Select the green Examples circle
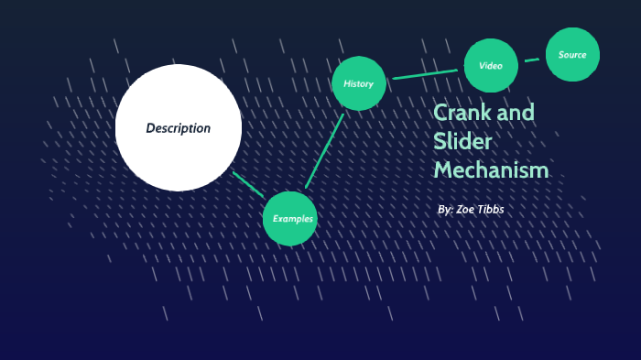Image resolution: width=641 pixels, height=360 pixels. click(x=289, y=219)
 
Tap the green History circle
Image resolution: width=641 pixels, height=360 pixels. click(x=358, y=83)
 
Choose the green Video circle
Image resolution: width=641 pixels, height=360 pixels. click(x=491, y=66)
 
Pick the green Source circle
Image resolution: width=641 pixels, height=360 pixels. click(x=572, y=55)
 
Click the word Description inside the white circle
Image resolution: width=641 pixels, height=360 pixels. click(x=179, y=128)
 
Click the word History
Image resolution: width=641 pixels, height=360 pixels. click(x=358, y=83)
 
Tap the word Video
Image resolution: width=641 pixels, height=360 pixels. click(x=491, y=66)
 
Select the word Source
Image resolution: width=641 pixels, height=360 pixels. click(x=572, y=55)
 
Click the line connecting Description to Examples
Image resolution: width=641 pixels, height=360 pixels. click(x=248, y=184)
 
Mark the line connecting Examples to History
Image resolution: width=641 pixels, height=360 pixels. click(x=325, y=149)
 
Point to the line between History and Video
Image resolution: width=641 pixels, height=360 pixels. click(x=425, y=74)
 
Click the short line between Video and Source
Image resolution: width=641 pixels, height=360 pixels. click(x=532, y=60)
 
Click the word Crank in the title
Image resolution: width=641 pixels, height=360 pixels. click(x=462, y=113)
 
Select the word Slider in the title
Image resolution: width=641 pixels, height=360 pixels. click(x=462, y=141)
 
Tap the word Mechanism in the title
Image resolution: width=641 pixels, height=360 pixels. click(x=491, y=169)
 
